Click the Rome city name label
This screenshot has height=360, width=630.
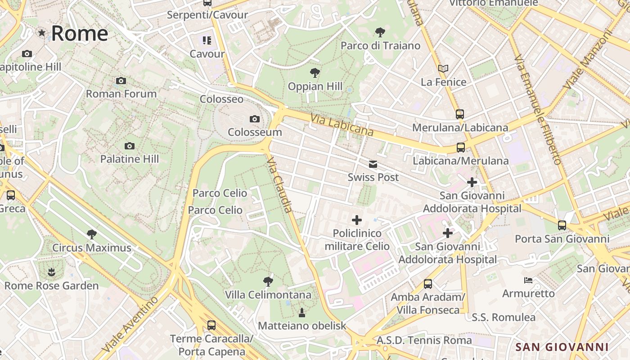79,34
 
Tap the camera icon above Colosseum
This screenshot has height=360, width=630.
255,119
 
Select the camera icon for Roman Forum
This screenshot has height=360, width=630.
121,81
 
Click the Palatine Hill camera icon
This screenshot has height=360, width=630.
130,146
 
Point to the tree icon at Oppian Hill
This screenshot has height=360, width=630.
315,73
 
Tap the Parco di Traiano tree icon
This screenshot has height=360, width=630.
380,32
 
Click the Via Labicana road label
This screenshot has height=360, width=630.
342,125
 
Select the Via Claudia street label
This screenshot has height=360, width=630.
280,184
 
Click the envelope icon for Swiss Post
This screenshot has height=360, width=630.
373,164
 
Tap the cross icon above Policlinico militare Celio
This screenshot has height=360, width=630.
357,220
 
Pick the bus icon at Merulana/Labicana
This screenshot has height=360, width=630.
459,114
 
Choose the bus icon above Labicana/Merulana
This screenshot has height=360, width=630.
460,148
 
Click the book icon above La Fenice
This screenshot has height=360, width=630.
443,69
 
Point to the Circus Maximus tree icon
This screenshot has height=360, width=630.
92,234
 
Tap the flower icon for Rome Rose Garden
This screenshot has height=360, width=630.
51,272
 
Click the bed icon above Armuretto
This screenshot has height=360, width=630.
528,280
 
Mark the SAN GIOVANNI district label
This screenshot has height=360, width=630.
562,347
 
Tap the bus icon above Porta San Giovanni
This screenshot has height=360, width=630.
562,225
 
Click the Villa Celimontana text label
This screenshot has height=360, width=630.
268,295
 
